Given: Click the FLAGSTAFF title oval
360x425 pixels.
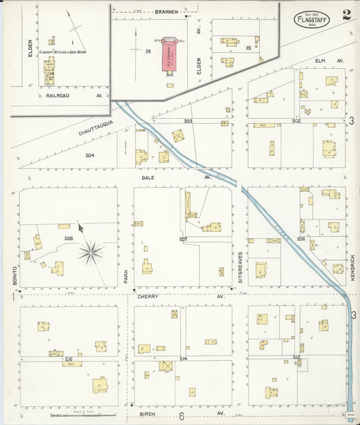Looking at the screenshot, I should [311, 19].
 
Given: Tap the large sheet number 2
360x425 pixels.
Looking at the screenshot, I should [346, 15].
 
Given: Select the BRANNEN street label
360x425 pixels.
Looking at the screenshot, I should [166, 11].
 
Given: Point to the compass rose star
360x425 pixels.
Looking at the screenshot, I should [91, 253].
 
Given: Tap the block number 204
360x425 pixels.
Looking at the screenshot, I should [90, 155].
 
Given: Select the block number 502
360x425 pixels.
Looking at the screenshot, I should [296, 121].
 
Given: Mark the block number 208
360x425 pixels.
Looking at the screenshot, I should [68, 239].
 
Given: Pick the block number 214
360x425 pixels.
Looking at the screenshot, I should [183, 357].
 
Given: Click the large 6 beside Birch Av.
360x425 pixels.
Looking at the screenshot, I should [181, 416].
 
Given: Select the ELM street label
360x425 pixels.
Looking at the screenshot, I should [319, 61].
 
